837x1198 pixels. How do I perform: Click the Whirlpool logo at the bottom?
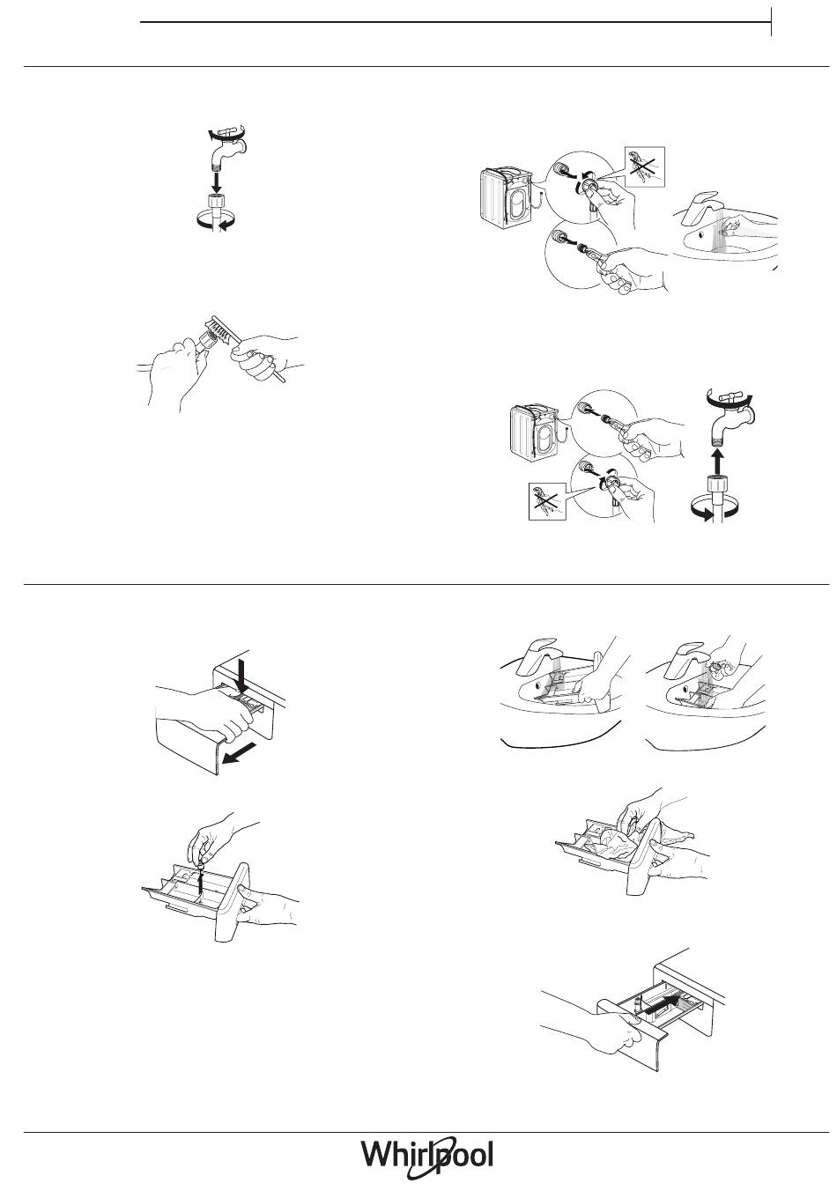point(427,1154)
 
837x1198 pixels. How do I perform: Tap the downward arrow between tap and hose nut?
point(216,181)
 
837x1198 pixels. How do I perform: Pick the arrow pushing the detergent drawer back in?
point(661,1004)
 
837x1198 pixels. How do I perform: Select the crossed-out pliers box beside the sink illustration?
point(644,166)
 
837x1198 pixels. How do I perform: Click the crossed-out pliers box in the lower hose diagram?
point(548,501)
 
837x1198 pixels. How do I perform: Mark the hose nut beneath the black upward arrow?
point(718,484)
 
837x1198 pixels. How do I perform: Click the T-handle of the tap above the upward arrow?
point(727,396)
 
